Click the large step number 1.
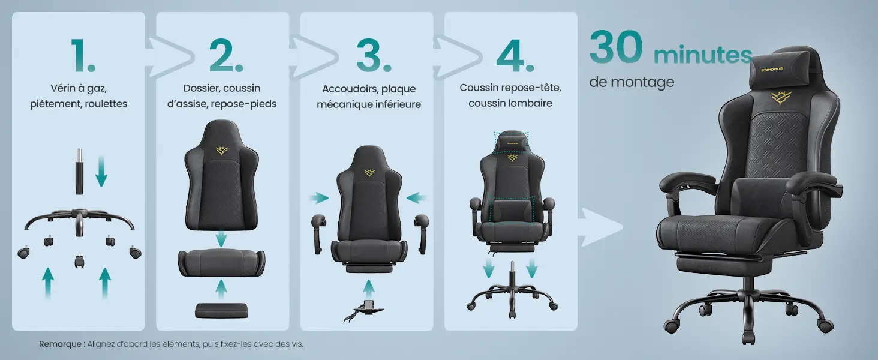83,55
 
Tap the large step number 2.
226,55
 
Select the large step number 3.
374,55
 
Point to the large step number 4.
515,55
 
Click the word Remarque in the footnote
61,344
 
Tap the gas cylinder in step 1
79,171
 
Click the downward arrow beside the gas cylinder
101,171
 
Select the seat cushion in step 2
221,262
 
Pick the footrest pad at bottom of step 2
221,310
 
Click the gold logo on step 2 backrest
222,150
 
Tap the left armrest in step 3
319,234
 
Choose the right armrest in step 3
421,234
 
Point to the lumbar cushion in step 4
512,210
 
